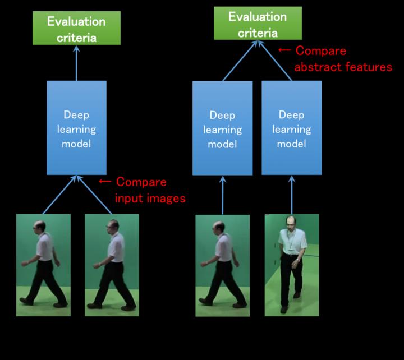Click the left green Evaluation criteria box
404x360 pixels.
pyautogui.click(x=76, y=30)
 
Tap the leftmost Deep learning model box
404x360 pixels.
pyautogui.click(x=76, y=128)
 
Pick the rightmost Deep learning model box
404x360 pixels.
pyautogui.click(x=291, y=128)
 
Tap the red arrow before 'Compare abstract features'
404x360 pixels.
pyautogui.click(x=284, y=51)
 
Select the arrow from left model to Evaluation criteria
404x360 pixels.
pyautogui.click(x=77, y=63)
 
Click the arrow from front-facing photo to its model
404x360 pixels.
pyautogui.click(x=291, y=195)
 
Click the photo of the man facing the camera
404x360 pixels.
pyautogui.click(x=291, y=264)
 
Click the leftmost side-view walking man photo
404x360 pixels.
pyautogui.click(x=43, y=264)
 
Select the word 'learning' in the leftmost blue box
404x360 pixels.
pyautogui.click(x=76, y=129)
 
